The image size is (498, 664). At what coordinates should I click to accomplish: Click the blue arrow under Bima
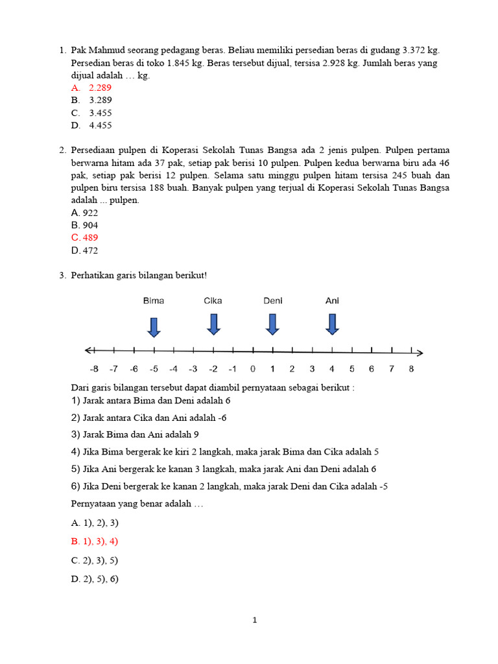[x=154, y=327]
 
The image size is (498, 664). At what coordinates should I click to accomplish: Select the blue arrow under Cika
[x=213, y=324]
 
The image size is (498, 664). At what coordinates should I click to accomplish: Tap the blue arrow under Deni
[x=272, y=324]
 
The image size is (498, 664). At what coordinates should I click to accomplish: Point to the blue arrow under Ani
[x=332, y=324]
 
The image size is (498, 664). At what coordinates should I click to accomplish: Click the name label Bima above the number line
[x=154, y=301]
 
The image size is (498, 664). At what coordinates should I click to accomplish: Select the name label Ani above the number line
[x=332, y=301]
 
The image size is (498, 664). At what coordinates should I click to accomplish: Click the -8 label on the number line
[x=94, y=369]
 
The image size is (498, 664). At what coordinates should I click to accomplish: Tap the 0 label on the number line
[x=252, y=369]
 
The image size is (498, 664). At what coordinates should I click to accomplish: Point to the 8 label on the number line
[x=411, y=369]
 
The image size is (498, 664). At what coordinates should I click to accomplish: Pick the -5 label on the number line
[x=154, y=369]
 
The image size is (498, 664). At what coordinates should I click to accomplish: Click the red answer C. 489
[x=85, y=237]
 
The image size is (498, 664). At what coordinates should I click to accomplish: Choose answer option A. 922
[x=85, y=213]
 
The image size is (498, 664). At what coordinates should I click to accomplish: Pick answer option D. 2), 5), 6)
[x=95, y=579]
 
